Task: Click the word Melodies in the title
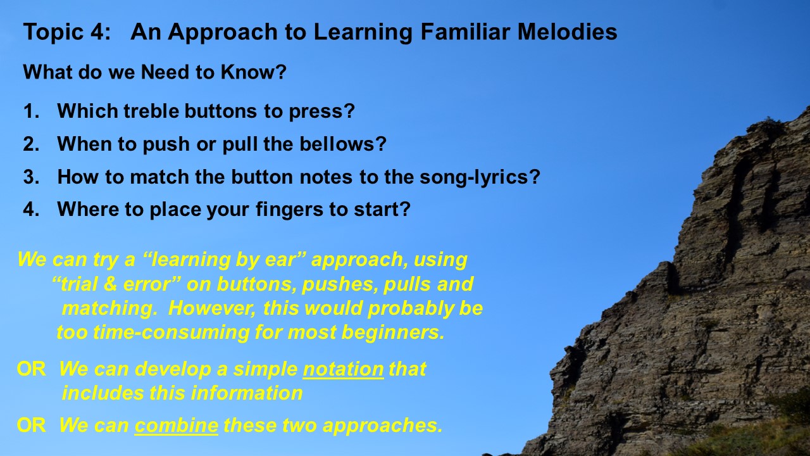[x=567, y=32]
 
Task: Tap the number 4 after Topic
[x=97, y=32]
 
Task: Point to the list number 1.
[x=31, y=111]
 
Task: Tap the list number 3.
[x=31, y=177]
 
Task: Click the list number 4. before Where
[x=31, y=210]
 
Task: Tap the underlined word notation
[x=343, y=369]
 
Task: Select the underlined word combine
[x=177, y=425]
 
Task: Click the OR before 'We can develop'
[x=32, y=369]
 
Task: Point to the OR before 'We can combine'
[x=32, y=425]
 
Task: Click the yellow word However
[x=212, y=308]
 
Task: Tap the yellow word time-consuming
[x=171, y=332]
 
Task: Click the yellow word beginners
[x=393, y=333]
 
